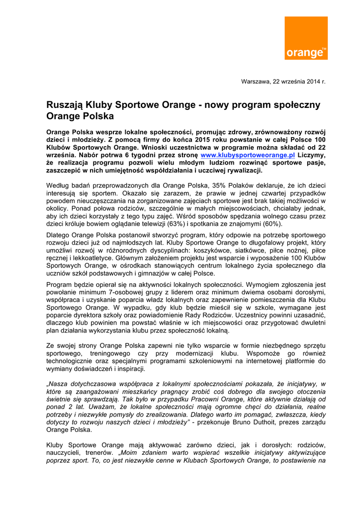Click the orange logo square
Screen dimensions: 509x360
pos(306,38)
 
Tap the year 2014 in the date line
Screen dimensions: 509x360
pos(311,81)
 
